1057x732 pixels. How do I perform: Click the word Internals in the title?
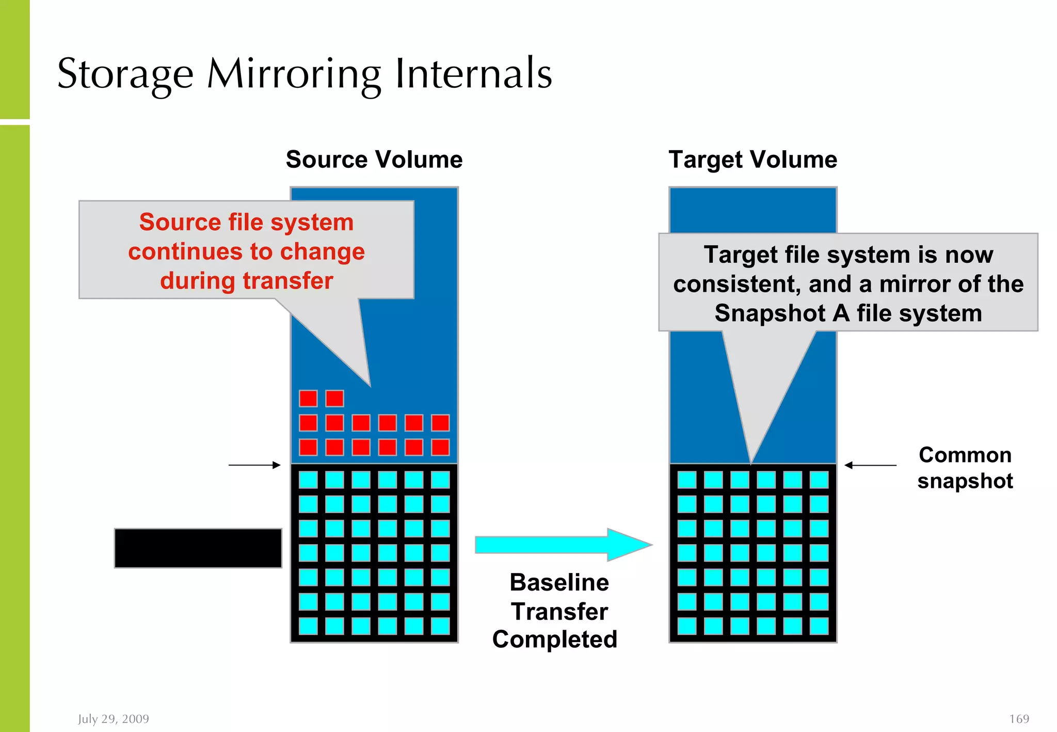coord(473,74)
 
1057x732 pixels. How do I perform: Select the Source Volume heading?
coord(374,159)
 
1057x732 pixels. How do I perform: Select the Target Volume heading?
coord(752,159)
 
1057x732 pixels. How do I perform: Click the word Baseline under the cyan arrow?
coord(559,582)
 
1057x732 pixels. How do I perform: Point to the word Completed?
coord(555,639)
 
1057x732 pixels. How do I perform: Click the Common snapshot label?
coord(965,468)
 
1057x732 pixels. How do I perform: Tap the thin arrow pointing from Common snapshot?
coord(870,465)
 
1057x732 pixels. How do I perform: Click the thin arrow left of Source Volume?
coord(254,465)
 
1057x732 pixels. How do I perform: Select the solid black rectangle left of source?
coord(198,548)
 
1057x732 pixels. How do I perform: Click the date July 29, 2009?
coord(114,719)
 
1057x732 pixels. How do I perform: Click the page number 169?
coord(1019,719)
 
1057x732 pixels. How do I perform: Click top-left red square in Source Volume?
coord(308,399)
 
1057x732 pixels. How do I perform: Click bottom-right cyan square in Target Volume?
coord(819,626)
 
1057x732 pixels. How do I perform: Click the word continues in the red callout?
coord(185,252)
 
